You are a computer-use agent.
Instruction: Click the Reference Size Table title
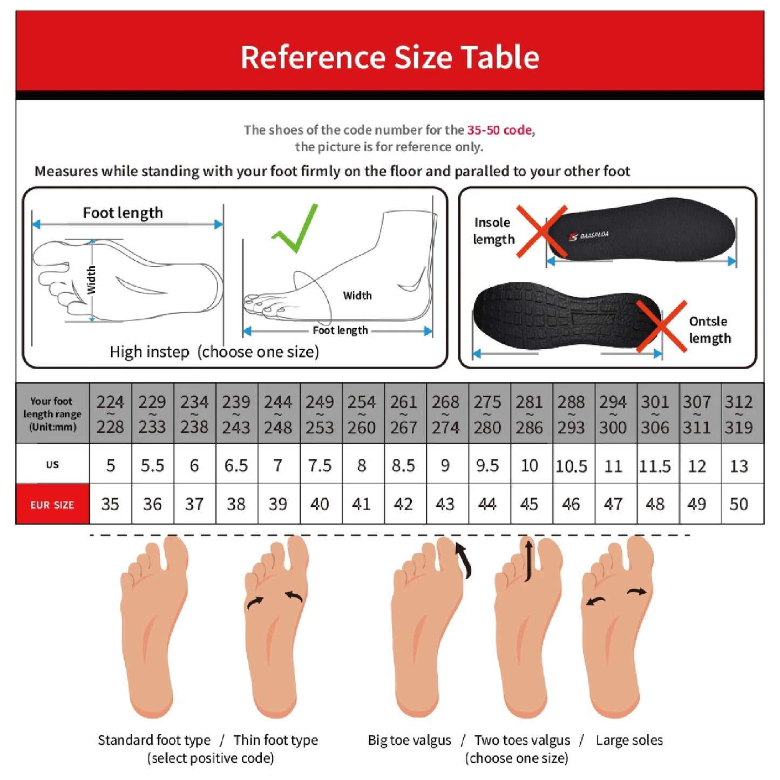[x=390, y=57]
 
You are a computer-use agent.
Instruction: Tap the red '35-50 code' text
[x=500, y=130]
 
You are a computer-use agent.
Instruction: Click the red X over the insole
[x=541, y=231]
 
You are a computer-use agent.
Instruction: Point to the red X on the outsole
[x=661, y=326]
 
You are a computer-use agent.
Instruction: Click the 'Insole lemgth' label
[x=493, y=231]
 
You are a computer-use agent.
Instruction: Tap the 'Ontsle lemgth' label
[x=709, y=330]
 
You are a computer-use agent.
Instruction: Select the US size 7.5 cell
[x=320, y=465]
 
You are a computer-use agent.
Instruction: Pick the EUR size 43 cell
[x=445, y=504]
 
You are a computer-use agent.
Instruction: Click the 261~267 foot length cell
[x=404, y=415]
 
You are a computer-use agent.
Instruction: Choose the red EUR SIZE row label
[x=52, y=505]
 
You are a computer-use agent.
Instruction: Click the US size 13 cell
[x=738, y=466]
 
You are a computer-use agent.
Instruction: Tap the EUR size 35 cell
[x=110, y=504]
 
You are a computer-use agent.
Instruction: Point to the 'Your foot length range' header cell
[x=52, y=414]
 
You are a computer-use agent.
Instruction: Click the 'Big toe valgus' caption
[x=409, y=740]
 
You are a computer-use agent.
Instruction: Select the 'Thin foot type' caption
[x=275, y=740]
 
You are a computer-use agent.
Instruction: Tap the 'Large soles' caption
[x=629, y=740]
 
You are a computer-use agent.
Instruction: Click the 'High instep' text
[x=150, y=352]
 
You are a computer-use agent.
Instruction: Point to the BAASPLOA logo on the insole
[x=589, y=236]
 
